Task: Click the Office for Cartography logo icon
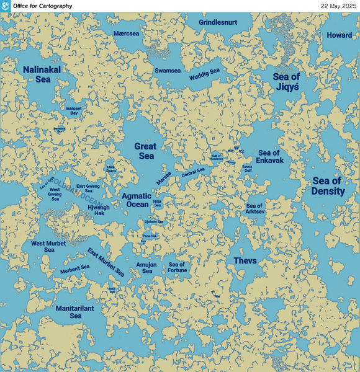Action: [x=6, y=6]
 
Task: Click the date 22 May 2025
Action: [x=338, y=6]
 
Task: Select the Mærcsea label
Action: [x=127, y=33]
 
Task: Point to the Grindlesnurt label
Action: [x=218, y=22]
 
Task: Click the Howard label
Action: [x=339, y=35]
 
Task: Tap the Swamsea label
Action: [x=168, y=71]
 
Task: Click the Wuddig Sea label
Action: [x=205, y=75]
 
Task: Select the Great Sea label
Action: [x=145, y=151]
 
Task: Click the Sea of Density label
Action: [x=328, y=186]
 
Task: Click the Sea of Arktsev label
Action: [x=255, y=209]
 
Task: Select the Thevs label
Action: [x=245, y=260]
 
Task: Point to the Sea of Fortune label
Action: [x=178, y=267]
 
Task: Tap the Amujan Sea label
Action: [x=147, y=268]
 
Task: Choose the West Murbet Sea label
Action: [x=48, y=246]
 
